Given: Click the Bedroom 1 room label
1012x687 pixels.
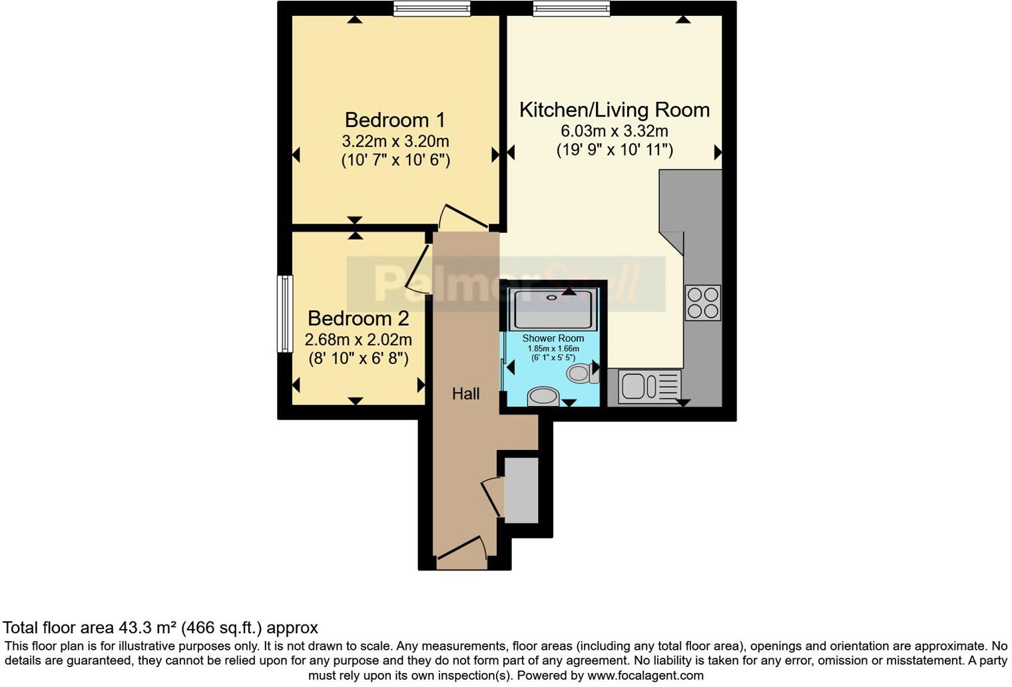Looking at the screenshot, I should (395, 120).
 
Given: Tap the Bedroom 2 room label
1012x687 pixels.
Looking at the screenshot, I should (358, 318).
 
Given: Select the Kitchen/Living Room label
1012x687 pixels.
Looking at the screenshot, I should (614, 110).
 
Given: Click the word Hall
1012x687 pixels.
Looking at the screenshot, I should (465, 394).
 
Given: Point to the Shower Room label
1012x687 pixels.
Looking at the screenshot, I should (553, 339).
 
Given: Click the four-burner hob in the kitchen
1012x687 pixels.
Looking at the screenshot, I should (702, 303).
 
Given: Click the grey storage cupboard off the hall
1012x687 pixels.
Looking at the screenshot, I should (521, 490).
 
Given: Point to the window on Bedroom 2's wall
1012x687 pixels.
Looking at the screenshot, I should (285, 314).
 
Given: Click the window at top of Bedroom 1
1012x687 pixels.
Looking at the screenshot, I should (431, 8).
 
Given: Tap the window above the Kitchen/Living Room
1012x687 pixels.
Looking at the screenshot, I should (571, 8).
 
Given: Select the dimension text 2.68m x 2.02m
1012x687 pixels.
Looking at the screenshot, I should (358, 340).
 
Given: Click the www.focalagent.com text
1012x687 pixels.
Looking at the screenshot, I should (645, 676).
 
